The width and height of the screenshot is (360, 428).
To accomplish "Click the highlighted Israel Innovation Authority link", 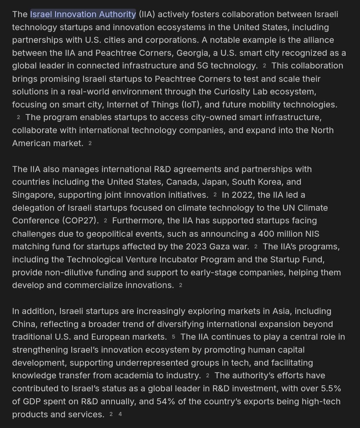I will (x=83, y=14).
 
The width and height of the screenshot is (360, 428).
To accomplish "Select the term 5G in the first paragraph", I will (x=202, y=66).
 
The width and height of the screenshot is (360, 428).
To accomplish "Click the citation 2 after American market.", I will (x=90, y=143).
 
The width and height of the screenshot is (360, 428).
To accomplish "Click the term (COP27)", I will (x=81, y=220).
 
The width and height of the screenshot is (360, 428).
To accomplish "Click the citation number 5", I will (x=173, y=337).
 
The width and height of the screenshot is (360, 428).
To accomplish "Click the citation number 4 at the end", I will (x=120, y=414).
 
